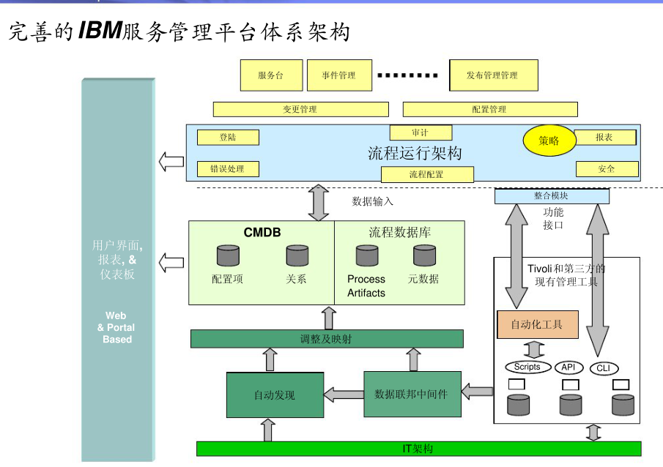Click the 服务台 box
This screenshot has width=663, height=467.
271,75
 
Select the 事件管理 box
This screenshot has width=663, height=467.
338,75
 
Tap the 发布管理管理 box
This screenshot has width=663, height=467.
493,75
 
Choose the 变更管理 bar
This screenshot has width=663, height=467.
300,109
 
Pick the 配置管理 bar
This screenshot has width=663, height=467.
489,109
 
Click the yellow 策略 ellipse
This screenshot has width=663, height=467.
549,141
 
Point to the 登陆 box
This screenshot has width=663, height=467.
229,137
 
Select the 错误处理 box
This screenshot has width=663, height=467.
229,169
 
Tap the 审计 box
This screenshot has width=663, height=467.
421,132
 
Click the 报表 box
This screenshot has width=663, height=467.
605,137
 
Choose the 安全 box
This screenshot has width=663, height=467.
607,169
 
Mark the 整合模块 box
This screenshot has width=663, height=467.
552,196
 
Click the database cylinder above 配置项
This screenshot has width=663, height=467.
228,255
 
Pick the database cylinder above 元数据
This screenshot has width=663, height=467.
424,255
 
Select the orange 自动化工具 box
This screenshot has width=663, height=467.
538,324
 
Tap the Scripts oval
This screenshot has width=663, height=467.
527,367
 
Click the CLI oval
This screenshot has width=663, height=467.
604,368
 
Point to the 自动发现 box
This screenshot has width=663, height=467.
275,395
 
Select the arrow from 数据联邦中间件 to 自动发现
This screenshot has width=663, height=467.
344,395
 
